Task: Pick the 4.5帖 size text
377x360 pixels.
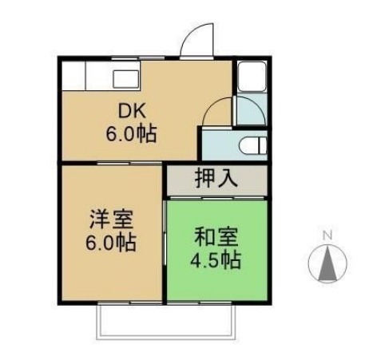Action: tap(213, 259)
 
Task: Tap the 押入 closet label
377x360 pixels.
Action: tap(215, 178)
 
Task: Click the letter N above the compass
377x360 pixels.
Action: tap(327, 235)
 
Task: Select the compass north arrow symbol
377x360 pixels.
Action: tap(327, 263)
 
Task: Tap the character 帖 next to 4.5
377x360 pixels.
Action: tap(232, 259)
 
